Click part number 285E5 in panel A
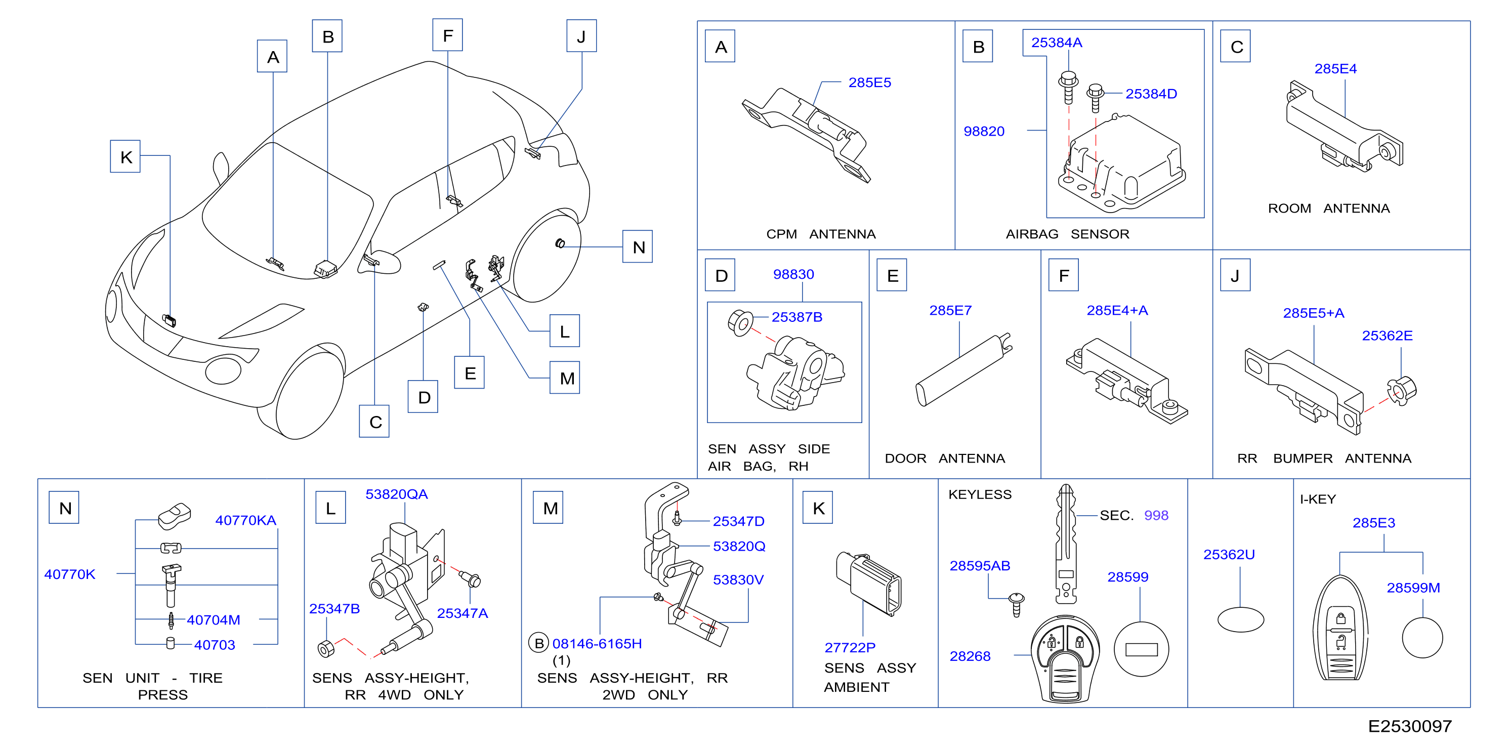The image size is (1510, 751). (x=869, y=82)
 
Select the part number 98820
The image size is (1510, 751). (x=984, y=131)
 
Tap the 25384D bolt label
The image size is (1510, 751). (x=1151, y=94)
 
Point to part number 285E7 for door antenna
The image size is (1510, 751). (x=950, y=310)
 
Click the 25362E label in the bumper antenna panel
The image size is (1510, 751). (x=1387, y=336)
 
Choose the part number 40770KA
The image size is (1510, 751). (x=245, y=520)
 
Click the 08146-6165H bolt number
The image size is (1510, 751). (x=597, y=644)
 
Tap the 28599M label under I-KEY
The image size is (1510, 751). (x=1413, y=588)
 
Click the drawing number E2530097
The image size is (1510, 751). (x=1410, y=726)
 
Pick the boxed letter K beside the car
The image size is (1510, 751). (x=125, y=156)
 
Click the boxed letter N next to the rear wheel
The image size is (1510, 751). (x=638, y=247)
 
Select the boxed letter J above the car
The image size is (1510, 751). (x=581, y=36)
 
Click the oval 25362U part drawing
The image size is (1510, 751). (x=1240, y=620)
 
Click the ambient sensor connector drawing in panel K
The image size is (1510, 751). (x=869, y=583)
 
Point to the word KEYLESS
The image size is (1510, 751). (x=980, y=494)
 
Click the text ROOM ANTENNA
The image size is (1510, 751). (x=1328, y=208)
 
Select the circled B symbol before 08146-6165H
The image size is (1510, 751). (x=538, y=644)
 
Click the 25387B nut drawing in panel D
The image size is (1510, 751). (x=740, y=322)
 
